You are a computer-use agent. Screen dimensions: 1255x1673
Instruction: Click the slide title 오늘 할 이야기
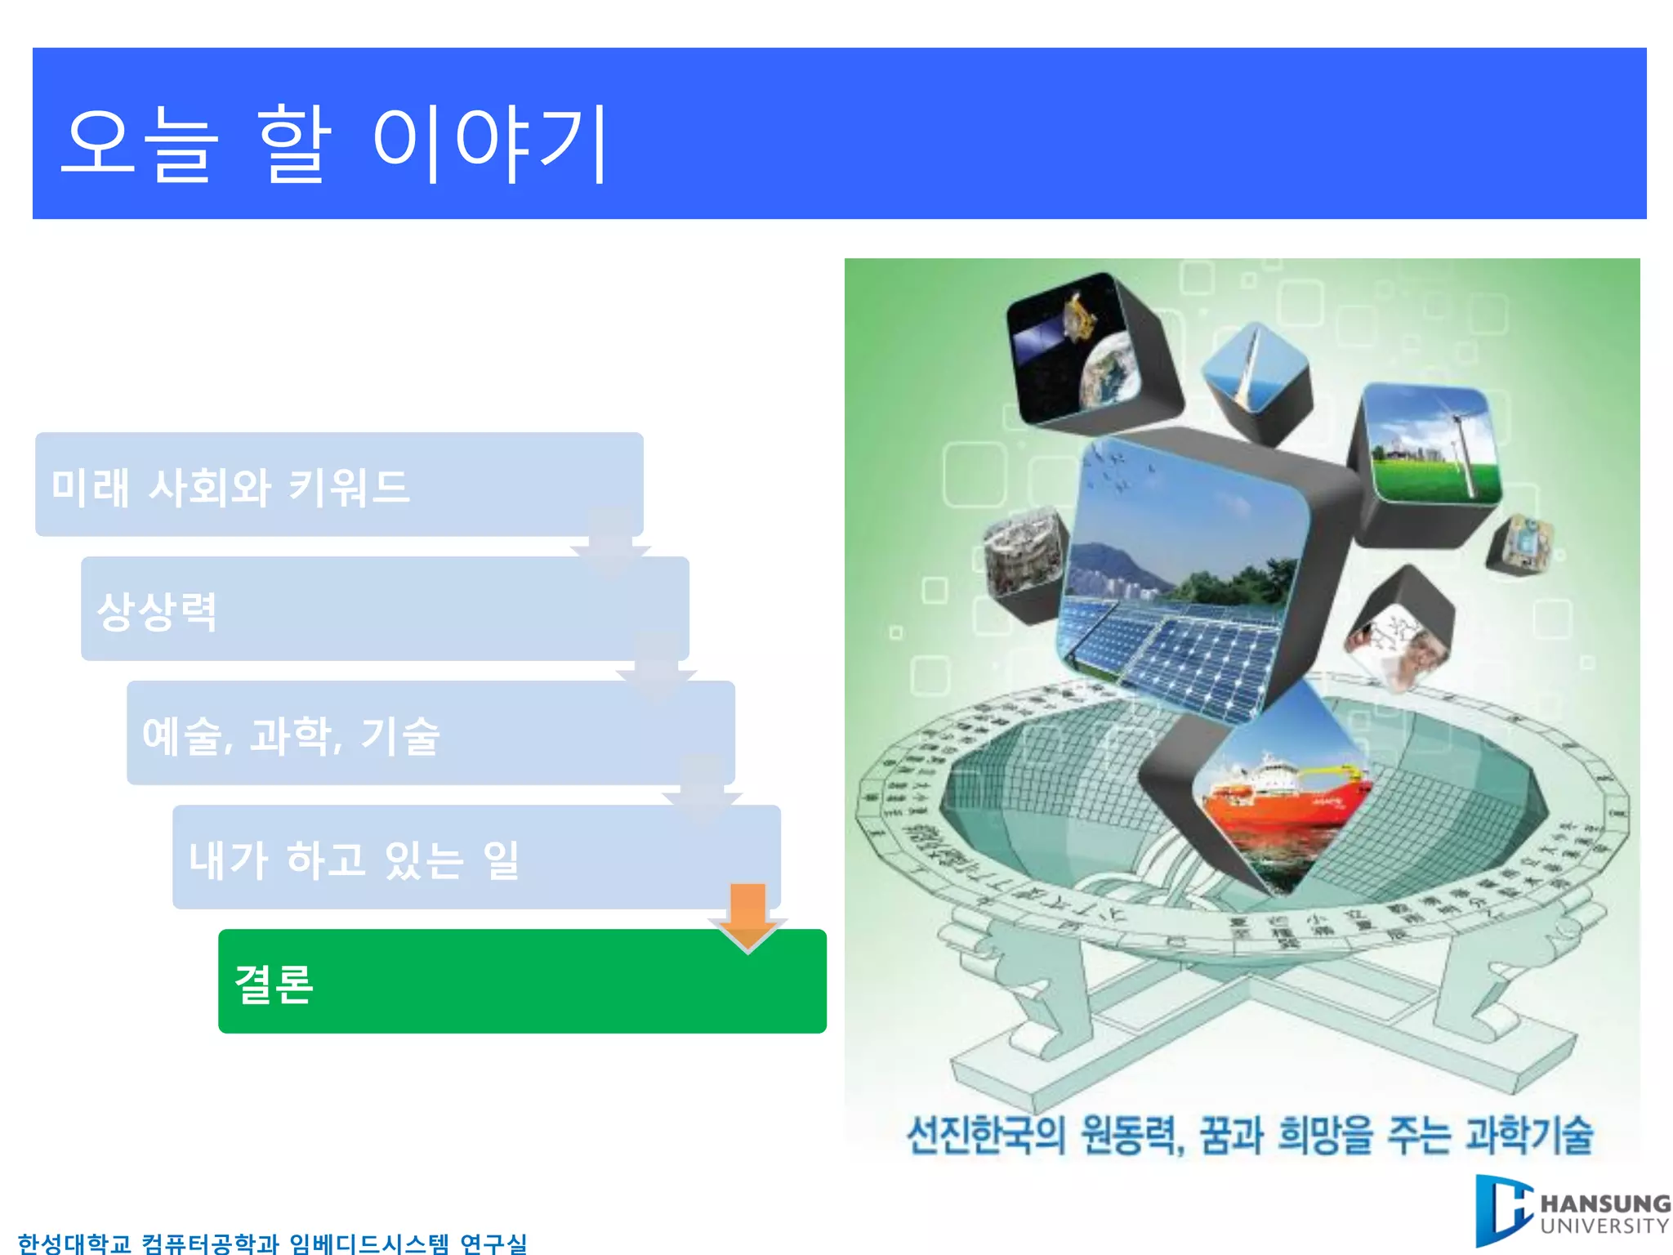[x=335, y=144]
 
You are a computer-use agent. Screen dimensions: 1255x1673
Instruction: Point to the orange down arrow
[x=747, y=915]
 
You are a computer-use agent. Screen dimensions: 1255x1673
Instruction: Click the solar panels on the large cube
[x=1184, y=645]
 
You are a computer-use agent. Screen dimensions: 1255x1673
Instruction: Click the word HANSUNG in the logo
[x=1604, y=1204]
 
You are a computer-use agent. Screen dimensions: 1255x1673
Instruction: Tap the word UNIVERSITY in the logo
[x=1604, y=1226]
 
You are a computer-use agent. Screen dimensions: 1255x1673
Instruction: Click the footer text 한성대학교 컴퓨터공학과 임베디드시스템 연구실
[x=272, y=1243]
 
